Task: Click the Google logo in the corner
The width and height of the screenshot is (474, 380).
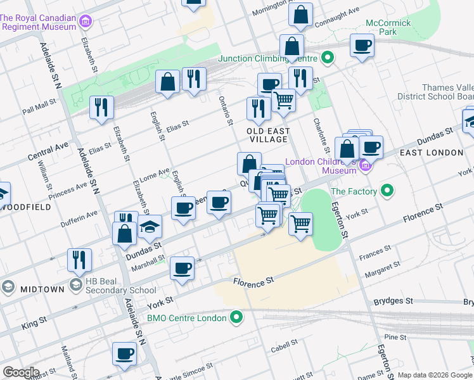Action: click(x=20, y=372)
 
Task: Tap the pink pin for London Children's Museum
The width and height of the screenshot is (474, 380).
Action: click(x=364, y=167)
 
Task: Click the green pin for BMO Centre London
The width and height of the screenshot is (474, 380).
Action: click(x=237, y=317)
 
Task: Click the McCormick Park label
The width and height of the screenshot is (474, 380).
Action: click(x=388, y=27)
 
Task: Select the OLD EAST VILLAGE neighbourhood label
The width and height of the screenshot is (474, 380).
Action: click(x=268, y=136)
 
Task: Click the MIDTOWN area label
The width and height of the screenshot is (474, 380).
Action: click(x=42, y=289)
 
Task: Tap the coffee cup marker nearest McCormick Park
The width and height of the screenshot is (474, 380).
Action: click(x=362, y=46)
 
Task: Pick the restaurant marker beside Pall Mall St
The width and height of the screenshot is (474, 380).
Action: click(x=101, y=107)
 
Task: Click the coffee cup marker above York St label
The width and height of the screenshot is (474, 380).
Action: click(x=183, y=268)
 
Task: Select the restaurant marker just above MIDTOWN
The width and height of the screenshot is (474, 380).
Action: click(x=79, y=258)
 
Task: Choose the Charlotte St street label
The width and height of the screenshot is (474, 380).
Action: click(x=321, y=135)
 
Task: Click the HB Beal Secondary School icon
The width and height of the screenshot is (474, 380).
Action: click(x=77, y=284)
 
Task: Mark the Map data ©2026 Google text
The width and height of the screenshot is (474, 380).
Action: click(x=435, y=375)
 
